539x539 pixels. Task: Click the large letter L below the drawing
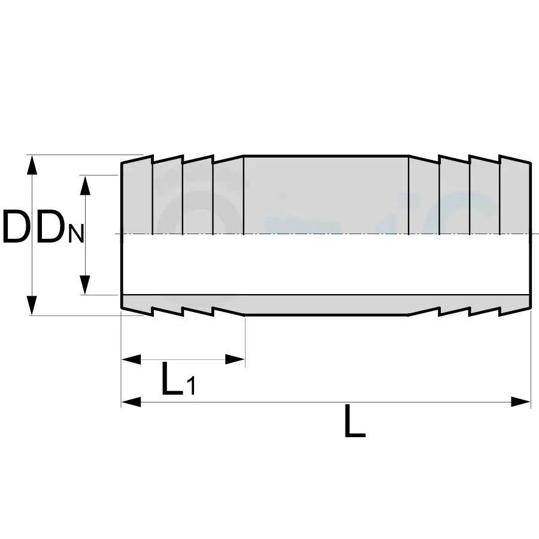coord(355,422)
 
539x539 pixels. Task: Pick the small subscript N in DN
coord(75,234)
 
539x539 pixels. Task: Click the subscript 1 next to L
coord(190,386)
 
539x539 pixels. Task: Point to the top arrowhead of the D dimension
coord(33,165)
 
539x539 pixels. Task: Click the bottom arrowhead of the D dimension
coord(33,305)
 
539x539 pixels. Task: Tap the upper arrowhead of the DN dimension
coord(86,185)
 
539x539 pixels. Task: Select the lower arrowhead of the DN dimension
coord(86,285)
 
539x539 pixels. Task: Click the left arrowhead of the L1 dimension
coord(131,359)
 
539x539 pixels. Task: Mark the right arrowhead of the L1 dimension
coord(234,359)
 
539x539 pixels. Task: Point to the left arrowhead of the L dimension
coord(131,402)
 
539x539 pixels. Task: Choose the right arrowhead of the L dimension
coord(520,402)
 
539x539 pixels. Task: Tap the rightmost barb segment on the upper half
coord(514,198)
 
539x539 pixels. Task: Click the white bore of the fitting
coord(326,264)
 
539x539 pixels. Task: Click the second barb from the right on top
coord(484,198)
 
